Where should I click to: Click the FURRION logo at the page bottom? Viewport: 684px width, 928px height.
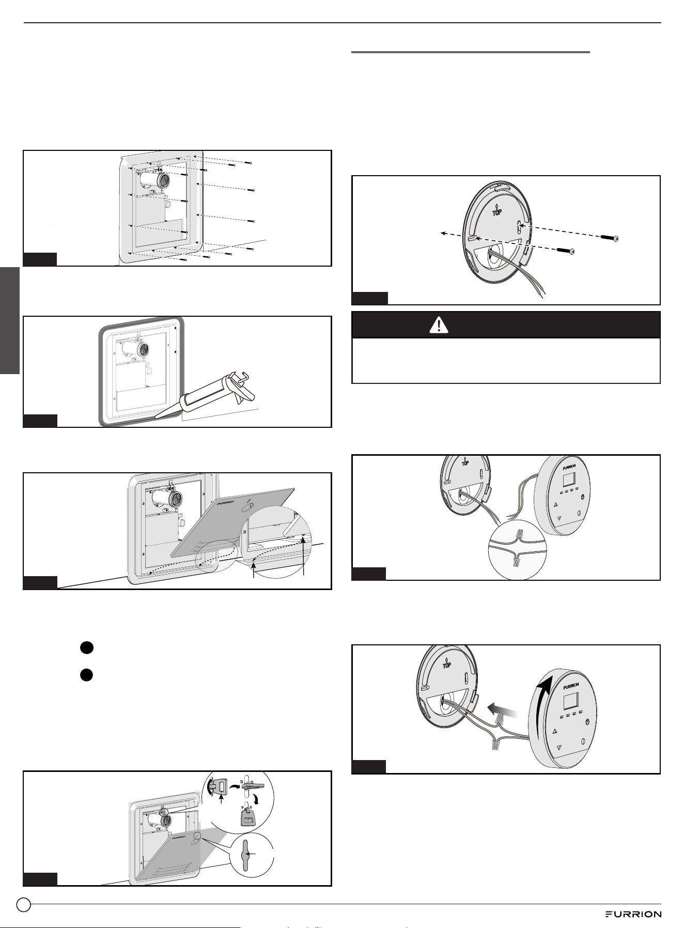pyautogui.click(x=633, y=914)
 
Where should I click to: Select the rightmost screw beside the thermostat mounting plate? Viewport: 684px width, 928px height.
pyautogui.click(x=610, y=237)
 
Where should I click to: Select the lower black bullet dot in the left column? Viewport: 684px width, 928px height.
pyautogui.click(x=86, y=675)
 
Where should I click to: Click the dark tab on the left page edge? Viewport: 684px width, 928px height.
pyautogui.click(x=10, y=320)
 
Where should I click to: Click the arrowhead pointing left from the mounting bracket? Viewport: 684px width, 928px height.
pyautogui.click(x=443, y=234)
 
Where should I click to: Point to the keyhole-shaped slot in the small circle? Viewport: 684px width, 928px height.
pyautogui.click(x=247, y=856)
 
